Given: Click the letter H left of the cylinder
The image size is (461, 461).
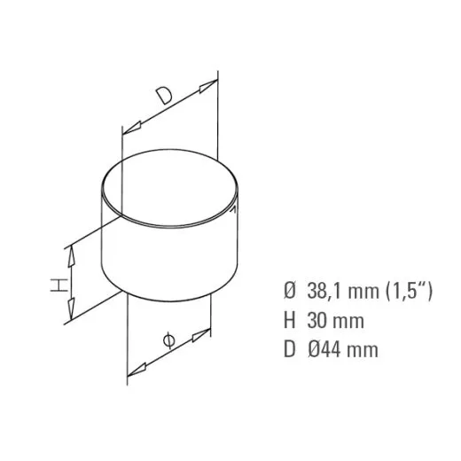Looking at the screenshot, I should tap(56, 285).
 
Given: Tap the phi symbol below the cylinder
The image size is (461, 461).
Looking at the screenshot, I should tap(169, 340).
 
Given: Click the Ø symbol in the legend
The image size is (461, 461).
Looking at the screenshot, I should tap(289, 290).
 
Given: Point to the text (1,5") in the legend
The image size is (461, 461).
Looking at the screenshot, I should tap(407, 290).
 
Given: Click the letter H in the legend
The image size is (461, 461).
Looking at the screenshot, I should tap(289, 319).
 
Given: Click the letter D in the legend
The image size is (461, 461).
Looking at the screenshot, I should tap(289, 349).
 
